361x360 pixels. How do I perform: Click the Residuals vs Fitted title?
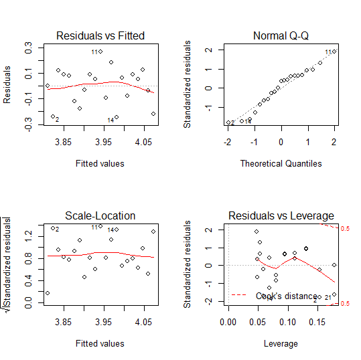tap(100, 35)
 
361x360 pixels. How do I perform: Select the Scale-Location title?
tap(100, 215)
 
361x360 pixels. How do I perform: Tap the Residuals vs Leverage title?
tap(281, 215)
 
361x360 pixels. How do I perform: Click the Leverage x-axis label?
tap(281, 343)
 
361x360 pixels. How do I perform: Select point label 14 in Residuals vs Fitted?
tap(111, 120)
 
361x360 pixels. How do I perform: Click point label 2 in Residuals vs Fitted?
tap(57, 120)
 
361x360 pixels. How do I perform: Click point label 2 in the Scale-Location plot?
tap(58, 230)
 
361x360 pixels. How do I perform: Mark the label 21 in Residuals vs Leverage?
tap(328, 297)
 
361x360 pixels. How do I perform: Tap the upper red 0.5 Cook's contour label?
tap(347, 229)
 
